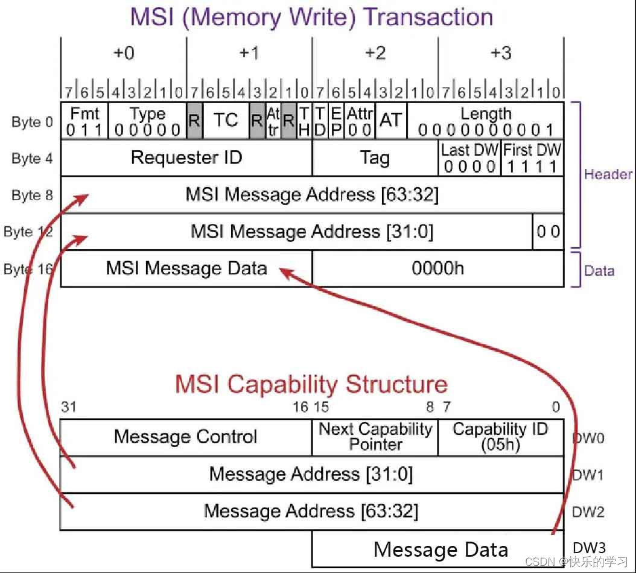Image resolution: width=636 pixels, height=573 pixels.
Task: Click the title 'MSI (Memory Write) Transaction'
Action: (312, 16)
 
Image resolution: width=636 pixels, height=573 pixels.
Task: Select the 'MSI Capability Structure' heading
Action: (311, 384)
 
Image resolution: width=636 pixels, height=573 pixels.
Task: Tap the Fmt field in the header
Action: (84, 121)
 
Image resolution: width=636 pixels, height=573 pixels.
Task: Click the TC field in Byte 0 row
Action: (226, 121)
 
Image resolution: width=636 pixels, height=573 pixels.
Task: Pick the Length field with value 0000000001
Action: (486, 121)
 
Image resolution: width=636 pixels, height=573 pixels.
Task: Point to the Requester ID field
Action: (186, 158)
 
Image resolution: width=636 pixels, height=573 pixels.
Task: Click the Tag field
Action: (375, 158)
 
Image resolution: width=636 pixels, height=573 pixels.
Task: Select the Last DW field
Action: (469, 158)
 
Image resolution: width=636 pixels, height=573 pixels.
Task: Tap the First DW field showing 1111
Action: (532, 158)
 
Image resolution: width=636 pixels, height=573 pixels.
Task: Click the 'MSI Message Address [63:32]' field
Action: (312, 195)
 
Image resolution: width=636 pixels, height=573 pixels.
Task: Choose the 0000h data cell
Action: (438, 268)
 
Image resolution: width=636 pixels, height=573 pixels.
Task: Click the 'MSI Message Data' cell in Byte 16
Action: (186, 268)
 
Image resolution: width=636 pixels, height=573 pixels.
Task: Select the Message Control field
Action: (186, 437)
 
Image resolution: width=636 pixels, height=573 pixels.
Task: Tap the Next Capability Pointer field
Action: (375, 437)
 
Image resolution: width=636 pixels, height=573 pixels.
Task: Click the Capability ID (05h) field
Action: (500, 437)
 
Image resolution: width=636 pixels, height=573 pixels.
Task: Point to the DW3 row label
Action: (588, 548)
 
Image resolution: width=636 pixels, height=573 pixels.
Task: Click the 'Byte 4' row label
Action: (32, 159)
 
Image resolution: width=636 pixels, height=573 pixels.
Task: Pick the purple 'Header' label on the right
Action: (608, 174)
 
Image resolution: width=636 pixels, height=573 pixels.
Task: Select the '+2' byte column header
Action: (375, 54)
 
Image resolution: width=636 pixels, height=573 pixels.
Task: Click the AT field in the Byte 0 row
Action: (390, 121)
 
